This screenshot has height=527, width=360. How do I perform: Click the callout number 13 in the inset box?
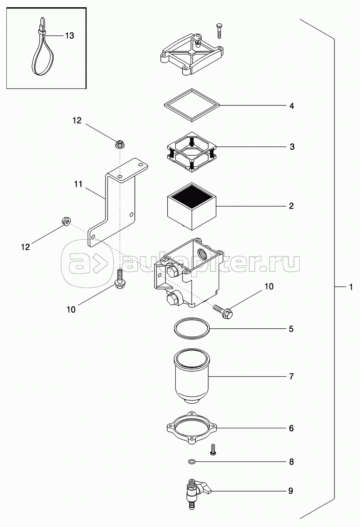pos(69,36)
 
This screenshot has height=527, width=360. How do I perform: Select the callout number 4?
pos(291,106)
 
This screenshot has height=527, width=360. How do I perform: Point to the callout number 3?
pos(291,147)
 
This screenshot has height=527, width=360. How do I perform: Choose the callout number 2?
pos(291,206)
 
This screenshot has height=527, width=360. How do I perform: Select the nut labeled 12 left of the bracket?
pos(66,221)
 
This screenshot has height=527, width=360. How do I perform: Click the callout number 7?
pos(291,376)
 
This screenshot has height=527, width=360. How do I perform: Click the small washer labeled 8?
pos(192,461)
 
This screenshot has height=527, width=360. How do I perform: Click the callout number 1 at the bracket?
pos(351,288)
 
